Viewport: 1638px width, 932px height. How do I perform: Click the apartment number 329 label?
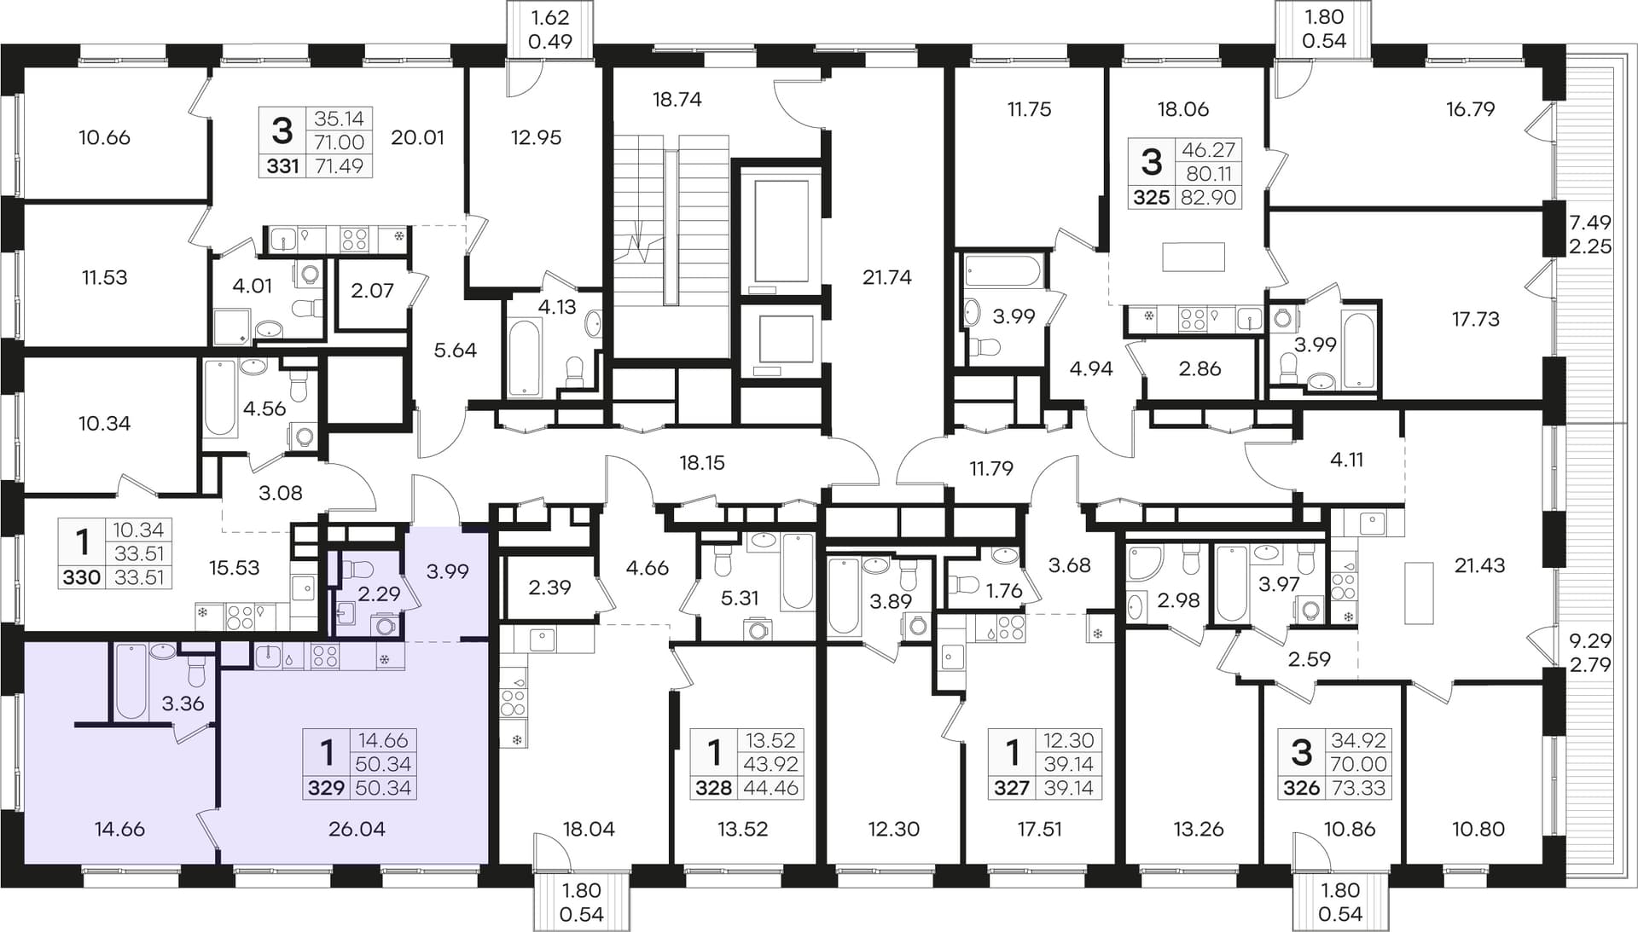tap(326, 788)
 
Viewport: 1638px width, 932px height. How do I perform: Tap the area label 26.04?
tap(357, 829)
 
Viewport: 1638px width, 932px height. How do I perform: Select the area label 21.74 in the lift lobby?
tap(886, 277)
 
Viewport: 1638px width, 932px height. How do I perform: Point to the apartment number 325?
tap(1151, 198)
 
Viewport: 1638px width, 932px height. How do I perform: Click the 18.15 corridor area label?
tap(701, 463)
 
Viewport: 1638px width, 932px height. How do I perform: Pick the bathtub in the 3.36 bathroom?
tap(131, 682)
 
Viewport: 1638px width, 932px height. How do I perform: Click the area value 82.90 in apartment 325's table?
tap(1209, 198)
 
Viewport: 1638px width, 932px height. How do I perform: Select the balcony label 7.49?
tap(1590, 223)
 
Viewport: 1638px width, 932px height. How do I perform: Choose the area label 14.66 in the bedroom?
tap(119, 829)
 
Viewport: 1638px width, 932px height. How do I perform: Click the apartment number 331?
tap(282, 166)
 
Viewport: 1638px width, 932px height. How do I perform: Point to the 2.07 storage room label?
tap(372, 291)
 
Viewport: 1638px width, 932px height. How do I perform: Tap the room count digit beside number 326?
tap(1301, 752)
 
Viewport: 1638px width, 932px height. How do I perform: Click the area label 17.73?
tap(1475, 319)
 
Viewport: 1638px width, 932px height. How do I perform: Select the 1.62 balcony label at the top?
tap(549, 17)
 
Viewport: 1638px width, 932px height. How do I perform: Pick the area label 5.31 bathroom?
tap(739, 599)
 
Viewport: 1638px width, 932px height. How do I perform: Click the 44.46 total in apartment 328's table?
tap(770, 788)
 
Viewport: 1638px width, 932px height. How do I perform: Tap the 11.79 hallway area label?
tap(990, 468)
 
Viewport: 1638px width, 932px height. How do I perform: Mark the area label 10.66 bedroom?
tap(104, 137)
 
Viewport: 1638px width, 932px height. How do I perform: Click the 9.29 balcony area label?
tap(1590, 640)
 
